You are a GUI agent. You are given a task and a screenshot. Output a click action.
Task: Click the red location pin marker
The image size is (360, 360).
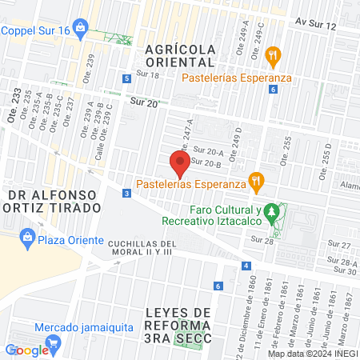(x=180, y=166)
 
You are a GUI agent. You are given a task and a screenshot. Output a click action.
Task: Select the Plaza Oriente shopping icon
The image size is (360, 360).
(x=28, y=238)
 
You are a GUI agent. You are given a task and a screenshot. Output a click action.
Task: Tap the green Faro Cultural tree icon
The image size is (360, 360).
(x=274, y=214)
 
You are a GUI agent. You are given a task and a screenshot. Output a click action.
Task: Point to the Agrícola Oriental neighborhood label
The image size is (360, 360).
(x=180, y=55)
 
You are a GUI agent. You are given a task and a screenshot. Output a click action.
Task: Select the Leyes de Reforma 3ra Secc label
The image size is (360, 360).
(x=179, y=324)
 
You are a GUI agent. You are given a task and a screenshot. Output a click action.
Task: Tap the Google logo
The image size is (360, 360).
(x=26, y=350)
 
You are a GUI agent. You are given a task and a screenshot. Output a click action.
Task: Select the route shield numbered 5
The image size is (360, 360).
(x=127, y=78)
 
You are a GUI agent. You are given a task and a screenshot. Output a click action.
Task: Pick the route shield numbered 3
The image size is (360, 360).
(x=126, y=194)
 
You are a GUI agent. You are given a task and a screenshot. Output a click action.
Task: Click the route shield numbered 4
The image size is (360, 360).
(x=248, y=266)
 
